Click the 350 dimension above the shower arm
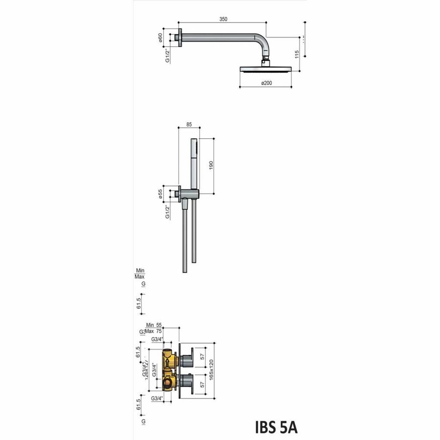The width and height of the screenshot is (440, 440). [223, 19]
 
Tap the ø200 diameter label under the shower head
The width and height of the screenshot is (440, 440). [266, 84]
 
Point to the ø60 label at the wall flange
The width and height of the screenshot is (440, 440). [160, 38]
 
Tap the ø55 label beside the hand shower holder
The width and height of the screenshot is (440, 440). [160, 194]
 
